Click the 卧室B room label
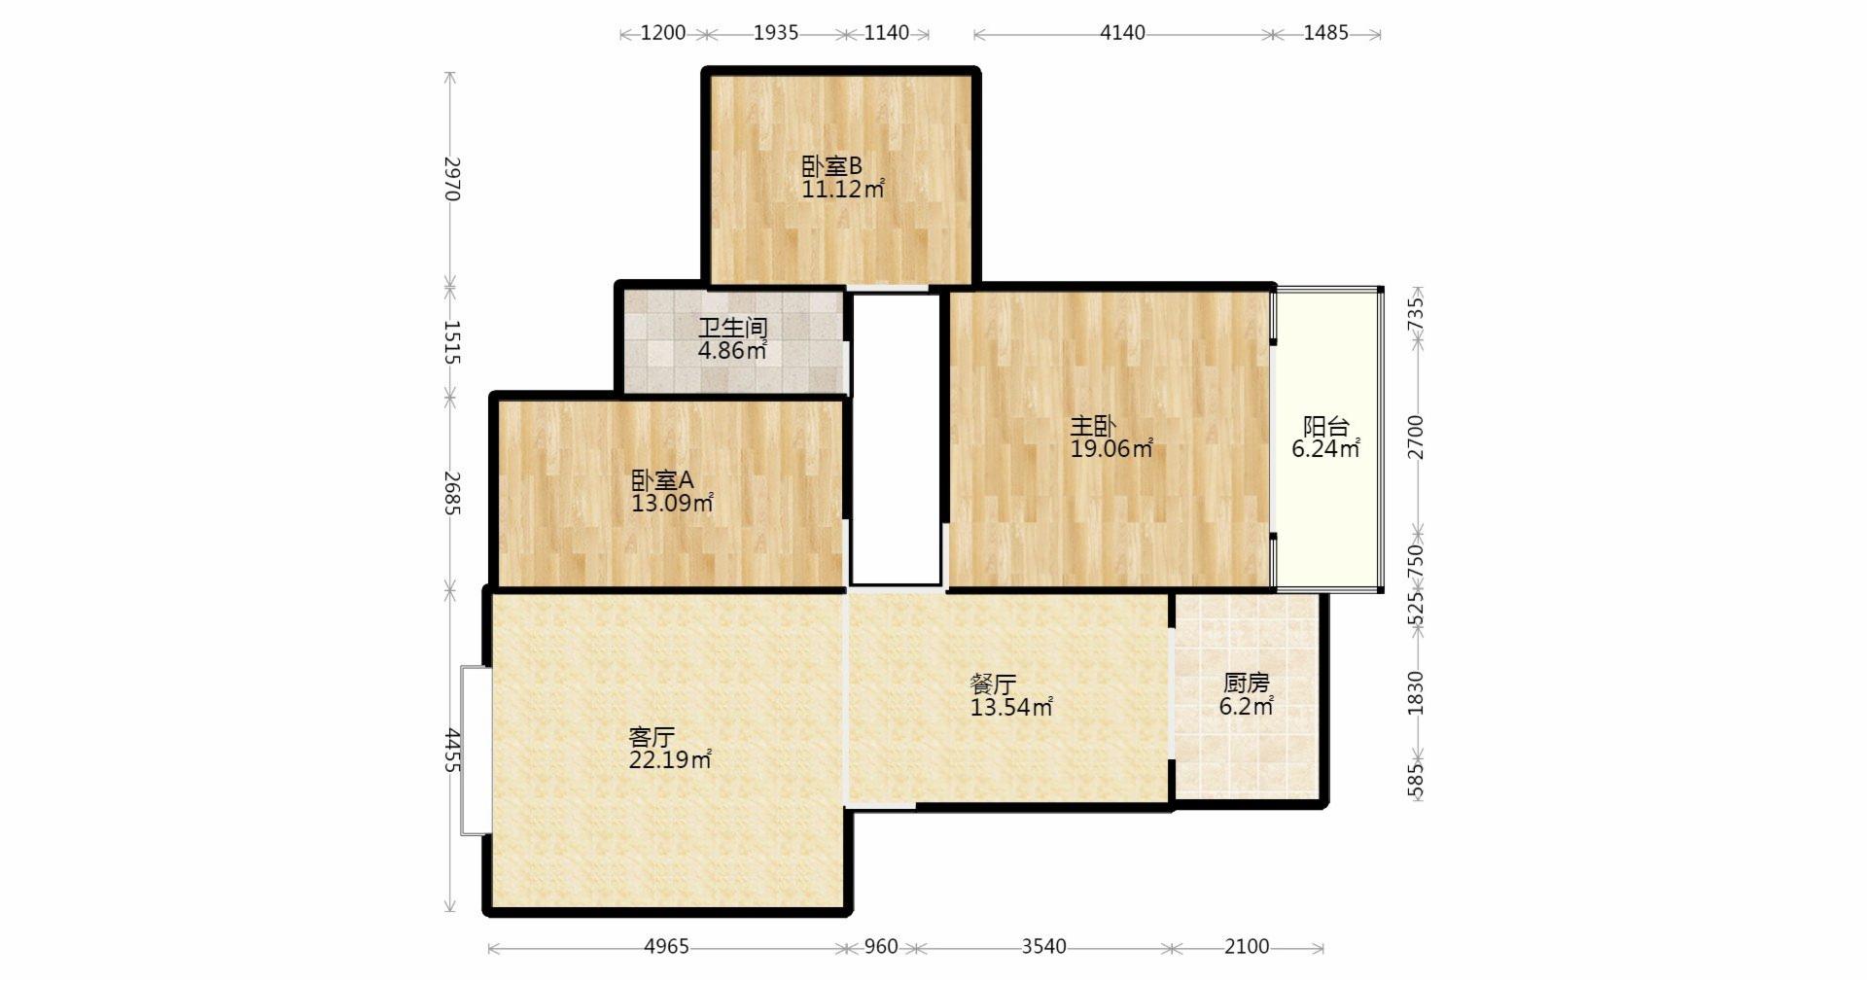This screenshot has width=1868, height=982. [x=831, y=166]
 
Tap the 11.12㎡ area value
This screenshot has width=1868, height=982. [x=843, y=190]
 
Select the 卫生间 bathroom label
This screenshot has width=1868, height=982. [x=733, y=328]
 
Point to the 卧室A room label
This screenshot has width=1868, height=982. [x=662, y=480]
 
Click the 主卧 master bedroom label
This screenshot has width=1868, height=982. [x=1093, y=426]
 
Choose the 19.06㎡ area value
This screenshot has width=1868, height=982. [x=1111, y=449]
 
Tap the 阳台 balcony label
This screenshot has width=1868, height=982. [x=1326, y=426]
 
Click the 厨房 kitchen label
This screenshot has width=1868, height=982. [x=1247, y=684]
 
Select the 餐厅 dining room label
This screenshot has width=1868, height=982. [x=993, y=684]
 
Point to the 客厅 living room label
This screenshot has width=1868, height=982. [x=652, y=737]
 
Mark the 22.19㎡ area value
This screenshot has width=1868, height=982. [x=670, y=760]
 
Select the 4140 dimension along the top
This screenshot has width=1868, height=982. [x=1122, y=33]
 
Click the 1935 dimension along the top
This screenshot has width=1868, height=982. [x=776, y=33]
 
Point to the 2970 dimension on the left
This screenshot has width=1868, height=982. [x=450, y=179]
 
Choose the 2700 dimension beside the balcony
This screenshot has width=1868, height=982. [x=1416, y=438]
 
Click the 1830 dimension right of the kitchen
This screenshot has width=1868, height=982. [x=1416, y=693]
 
